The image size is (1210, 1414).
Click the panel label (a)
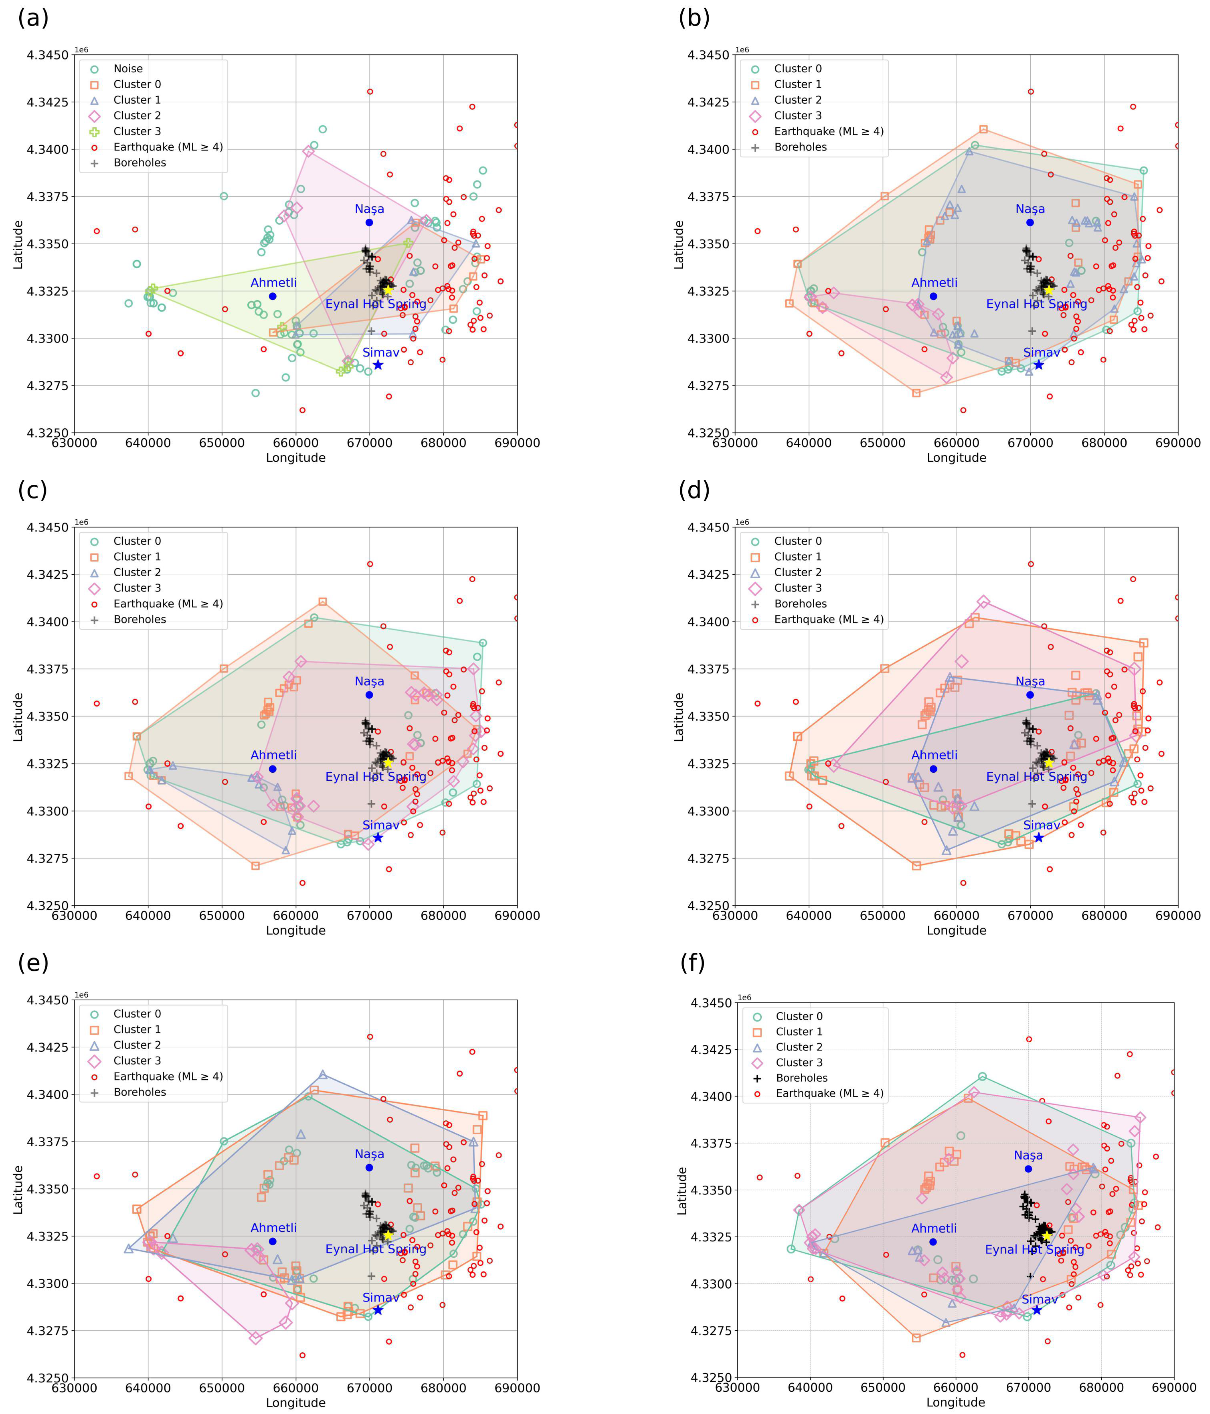tap(33, 18)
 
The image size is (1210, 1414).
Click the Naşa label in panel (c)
tap(370, 681)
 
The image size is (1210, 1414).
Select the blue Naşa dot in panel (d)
tap(1030, 695)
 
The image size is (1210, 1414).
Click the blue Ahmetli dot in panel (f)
tap(933, 1242)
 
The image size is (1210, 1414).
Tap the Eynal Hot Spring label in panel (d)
tap(1036, 777)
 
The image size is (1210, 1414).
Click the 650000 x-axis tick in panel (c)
tap(222, 915)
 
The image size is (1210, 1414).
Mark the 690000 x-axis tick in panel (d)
tap(1177, 915)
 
